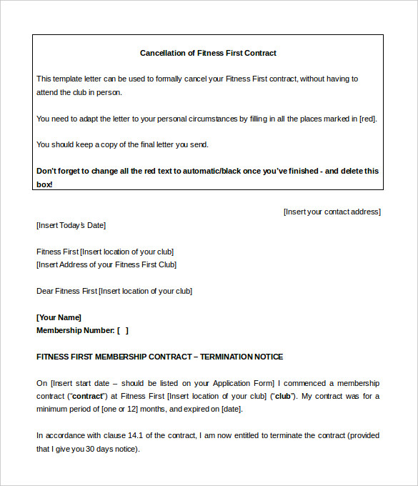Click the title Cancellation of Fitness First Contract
[x=208, y=53]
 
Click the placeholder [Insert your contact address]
[x=332, y=212]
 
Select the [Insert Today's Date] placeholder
[x=71, y=225]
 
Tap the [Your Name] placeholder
[x=59, y=317]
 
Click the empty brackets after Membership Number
[x=123, y=330]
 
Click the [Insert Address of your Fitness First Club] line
[x=106, y=264]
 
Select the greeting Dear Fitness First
[x=66, y=291]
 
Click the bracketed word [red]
[x=367, y=119]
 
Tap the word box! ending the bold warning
[x=44, y=184]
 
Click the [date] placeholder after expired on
[x=231, y=409]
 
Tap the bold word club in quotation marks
[x=282, y=396]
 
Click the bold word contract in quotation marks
[x=87, y=396]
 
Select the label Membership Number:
[x=75, y=330]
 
